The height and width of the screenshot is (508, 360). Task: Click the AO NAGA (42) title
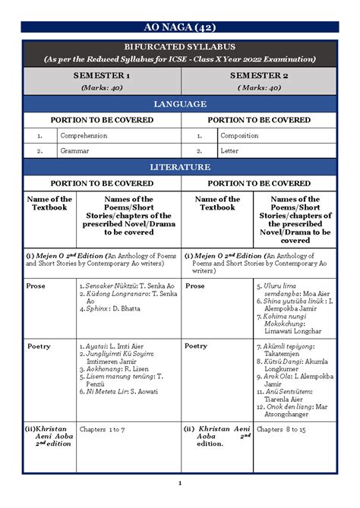[179, 28]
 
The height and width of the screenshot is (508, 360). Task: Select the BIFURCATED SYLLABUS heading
[179, 47]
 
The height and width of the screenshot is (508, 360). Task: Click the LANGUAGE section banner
[179, 103]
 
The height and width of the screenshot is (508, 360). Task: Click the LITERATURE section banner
[179, 166]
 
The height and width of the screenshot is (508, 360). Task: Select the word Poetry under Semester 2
[196, 346]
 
